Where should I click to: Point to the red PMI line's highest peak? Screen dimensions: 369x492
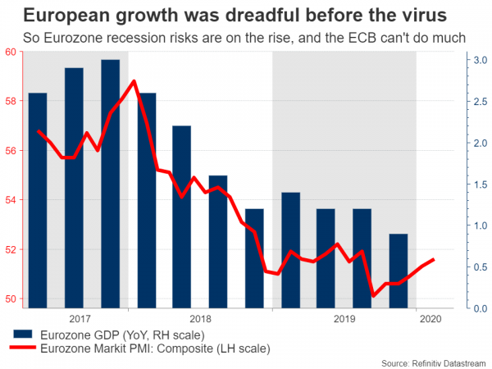[134, 81]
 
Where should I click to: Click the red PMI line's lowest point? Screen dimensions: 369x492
[373, 296]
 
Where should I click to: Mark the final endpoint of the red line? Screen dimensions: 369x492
[433, 260]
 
